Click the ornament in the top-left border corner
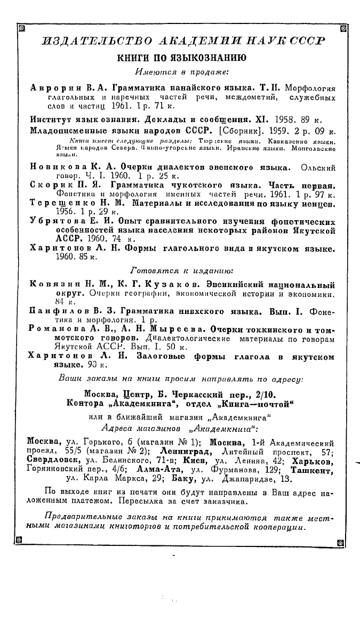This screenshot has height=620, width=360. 21,29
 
